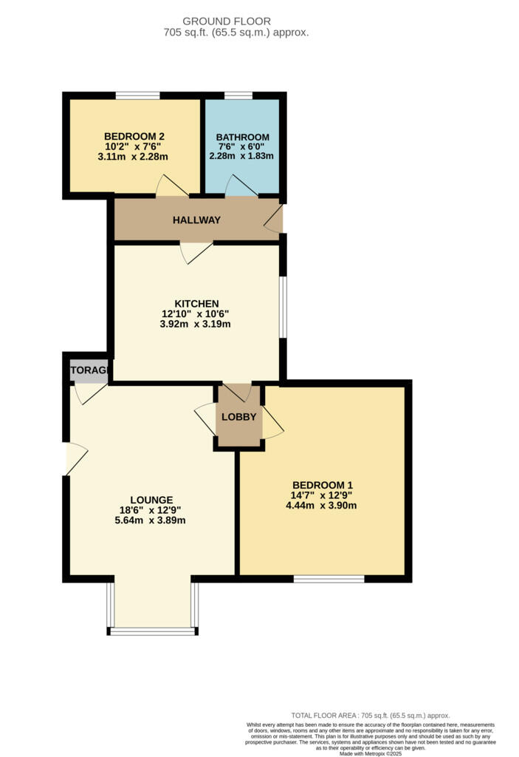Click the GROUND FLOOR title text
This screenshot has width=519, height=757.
point(226,21)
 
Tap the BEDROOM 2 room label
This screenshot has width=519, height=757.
point(134,136)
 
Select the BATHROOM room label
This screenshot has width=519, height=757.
point(242,138)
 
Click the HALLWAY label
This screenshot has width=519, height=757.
point(196,220)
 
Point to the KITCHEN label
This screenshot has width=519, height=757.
point(196,303)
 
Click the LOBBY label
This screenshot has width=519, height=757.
point(239,417)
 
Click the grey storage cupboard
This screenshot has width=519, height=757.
point(89,371)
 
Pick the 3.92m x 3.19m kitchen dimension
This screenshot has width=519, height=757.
point(196,324)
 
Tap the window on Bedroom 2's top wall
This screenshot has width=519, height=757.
point(137,95)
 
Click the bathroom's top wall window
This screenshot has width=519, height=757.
point(238,95)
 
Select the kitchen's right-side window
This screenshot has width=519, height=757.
point(282,307)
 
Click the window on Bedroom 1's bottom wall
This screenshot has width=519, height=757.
point(329,579)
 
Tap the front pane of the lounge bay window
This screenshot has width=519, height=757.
point(153,631)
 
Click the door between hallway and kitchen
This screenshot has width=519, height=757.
point(195,252)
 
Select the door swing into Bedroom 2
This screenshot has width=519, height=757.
point(170,187)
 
